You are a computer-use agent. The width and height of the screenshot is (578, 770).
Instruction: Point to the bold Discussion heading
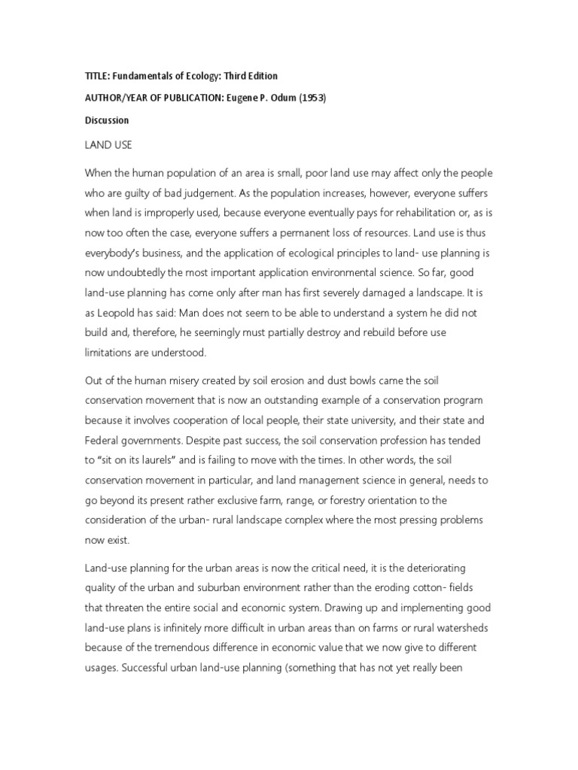(107, 120)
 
